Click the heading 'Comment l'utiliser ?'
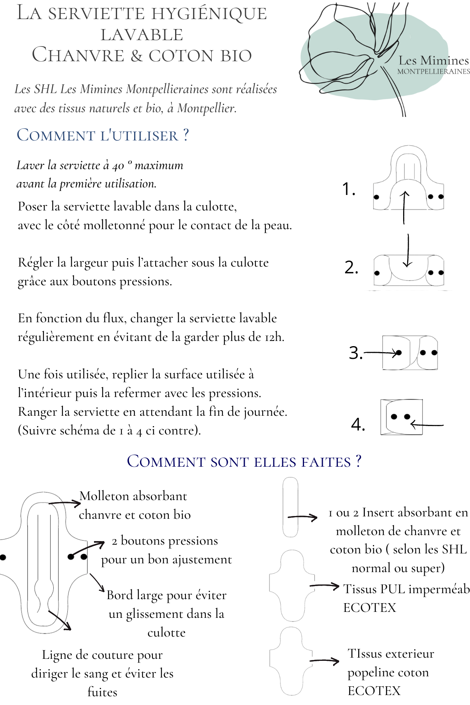103,136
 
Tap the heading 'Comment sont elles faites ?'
244,462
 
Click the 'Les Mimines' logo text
434,61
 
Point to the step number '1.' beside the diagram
349,189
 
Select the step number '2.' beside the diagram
351,267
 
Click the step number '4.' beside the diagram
358,425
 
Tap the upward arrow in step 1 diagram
404,207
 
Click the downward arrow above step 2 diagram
408,251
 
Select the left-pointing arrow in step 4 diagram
427,425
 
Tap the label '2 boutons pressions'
165,541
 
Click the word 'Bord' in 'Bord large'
119,595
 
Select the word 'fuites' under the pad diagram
102,692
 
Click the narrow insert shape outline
290,507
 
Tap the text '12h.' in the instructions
274,337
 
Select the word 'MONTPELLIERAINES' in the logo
433,72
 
